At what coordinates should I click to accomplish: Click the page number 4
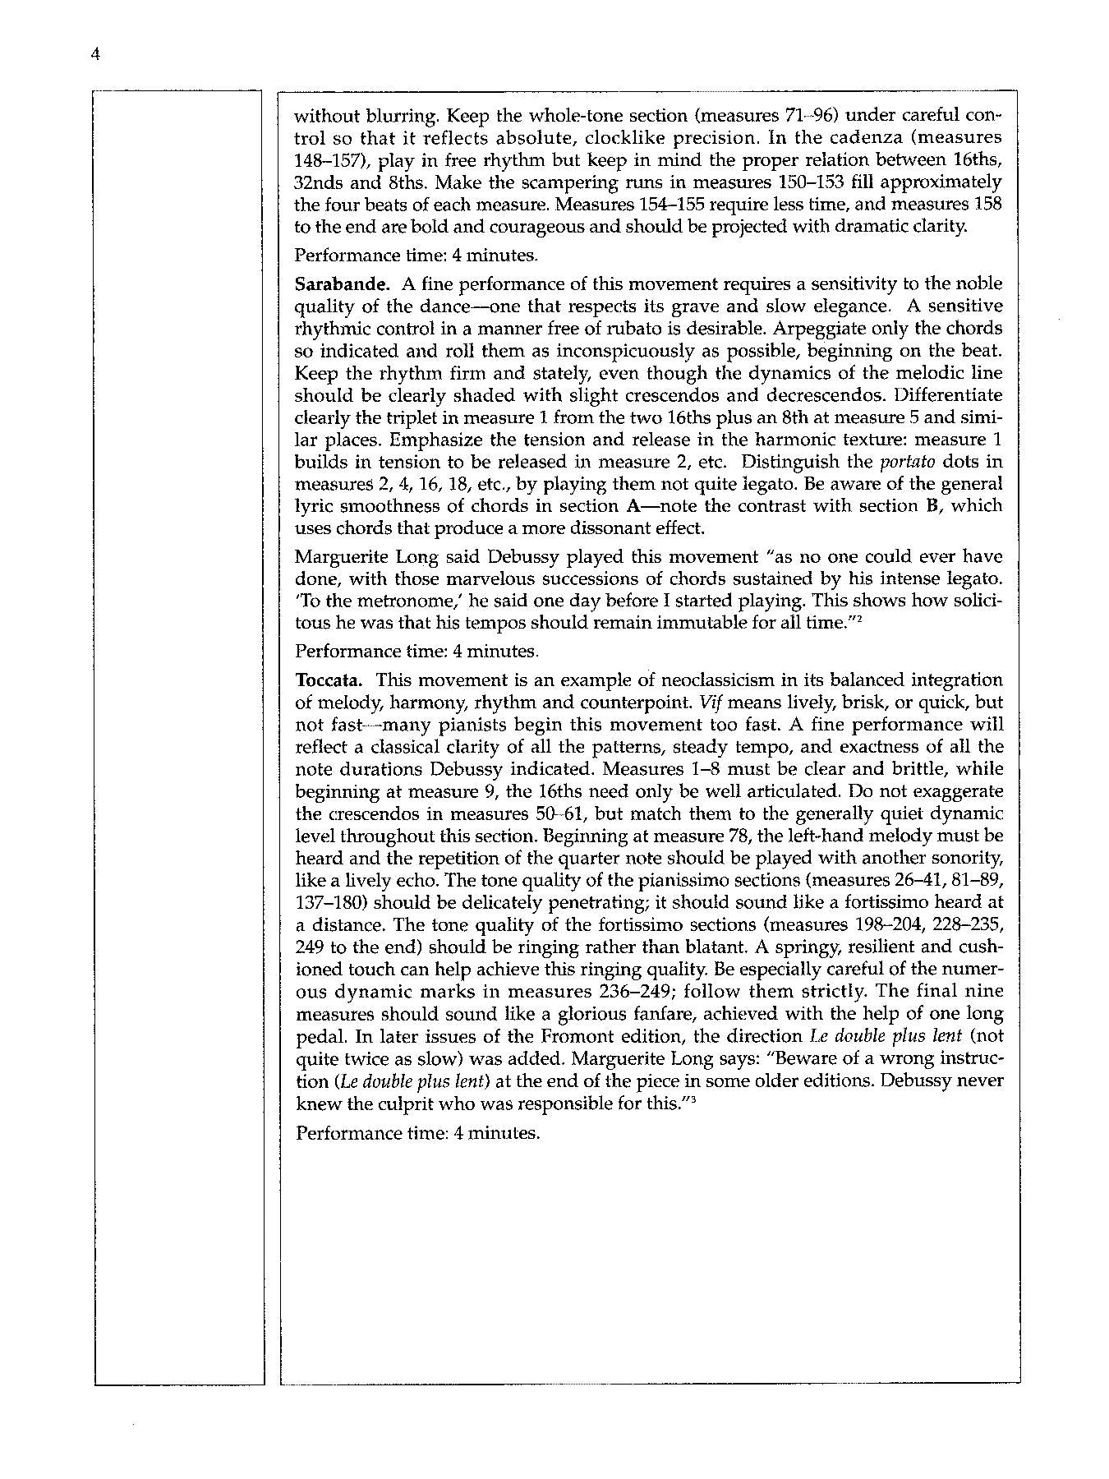[x=96, y=55]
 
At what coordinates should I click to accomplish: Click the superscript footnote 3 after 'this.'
[x=694, y=1099]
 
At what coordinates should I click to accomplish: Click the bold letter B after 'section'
[x=932, y=505]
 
